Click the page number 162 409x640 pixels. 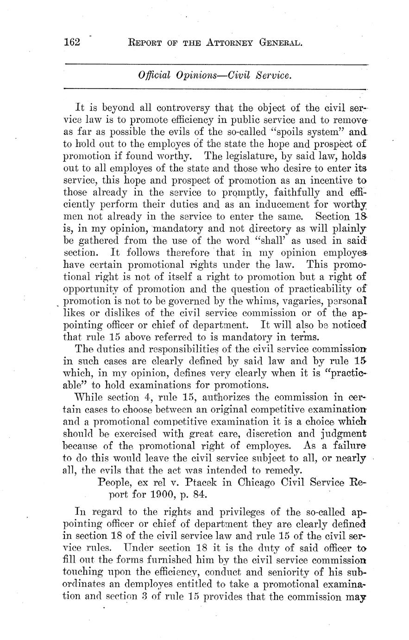(x=72, y=43)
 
